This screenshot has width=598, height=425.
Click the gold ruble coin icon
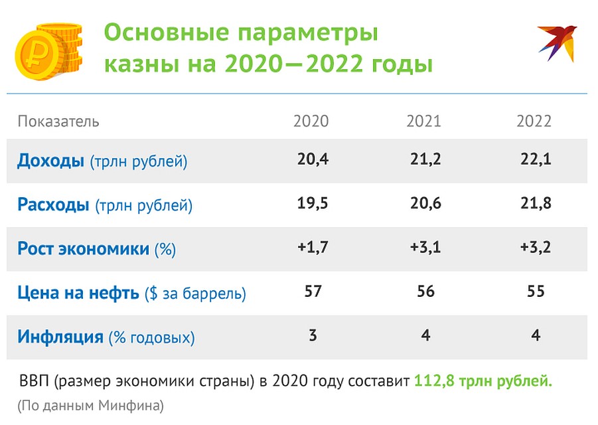(x=48, y=52)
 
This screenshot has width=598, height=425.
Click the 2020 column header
(x=311, y=121)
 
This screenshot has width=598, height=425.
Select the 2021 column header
(x=423, y=121)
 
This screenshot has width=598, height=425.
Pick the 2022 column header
(x=534, y=121)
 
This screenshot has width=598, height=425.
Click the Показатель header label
(x=58, y=122)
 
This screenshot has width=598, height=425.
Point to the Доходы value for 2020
(x=313, y=159)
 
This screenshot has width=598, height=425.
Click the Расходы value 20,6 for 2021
(x=425, y=203)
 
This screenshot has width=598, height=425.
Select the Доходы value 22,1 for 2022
(x=536, y=159)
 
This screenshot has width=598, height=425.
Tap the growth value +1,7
(x=313, y=247)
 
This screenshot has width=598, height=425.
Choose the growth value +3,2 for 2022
(x=536, y=247)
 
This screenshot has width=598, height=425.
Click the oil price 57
(x=313, y=291)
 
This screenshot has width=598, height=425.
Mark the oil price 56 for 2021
(x=425, y=291)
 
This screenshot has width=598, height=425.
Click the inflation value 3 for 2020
(x=313, y=335)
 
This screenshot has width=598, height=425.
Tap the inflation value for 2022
(x=536, y=335)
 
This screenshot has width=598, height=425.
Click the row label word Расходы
(x=53, y=205)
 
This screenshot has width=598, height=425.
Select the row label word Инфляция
(x=60, y=337)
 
